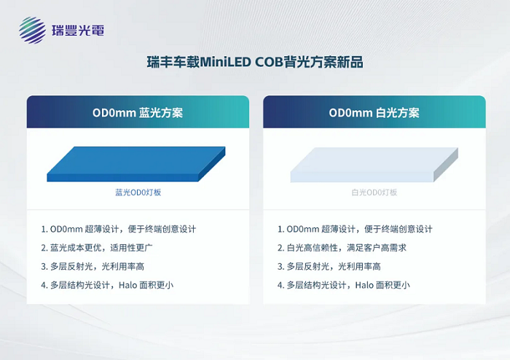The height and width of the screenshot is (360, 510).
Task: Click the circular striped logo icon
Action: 32,31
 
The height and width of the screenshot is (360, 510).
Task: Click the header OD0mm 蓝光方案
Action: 138,113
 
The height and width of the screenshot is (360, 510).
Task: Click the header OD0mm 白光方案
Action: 374,113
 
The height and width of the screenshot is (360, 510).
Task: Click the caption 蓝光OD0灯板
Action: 138,192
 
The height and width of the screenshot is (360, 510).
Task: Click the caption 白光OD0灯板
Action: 374,192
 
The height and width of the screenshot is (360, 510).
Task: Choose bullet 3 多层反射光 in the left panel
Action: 92,266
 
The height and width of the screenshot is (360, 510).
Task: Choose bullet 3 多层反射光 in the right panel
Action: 329,266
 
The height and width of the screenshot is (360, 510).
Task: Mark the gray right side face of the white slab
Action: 446,165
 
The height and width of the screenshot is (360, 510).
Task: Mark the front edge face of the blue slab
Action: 124,177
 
